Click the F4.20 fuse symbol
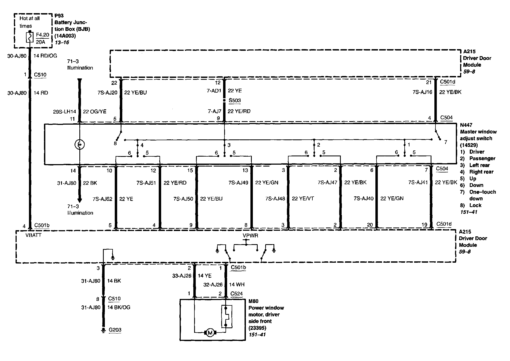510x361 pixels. [29, 37]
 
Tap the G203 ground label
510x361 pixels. [115, 330]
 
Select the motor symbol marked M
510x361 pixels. [210, 333]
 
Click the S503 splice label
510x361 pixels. [235, 100]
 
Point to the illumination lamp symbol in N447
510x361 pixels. [79, 145]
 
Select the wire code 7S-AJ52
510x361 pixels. [102, 199]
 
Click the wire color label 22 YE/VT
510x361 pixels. [303, 199]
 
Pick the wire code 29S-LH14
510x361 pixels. [65, 111]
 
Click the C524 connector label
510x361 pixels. [236, 294]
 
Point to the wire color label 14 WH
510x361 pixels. [237, 285]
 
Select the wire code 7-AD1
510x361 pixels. [214, 91]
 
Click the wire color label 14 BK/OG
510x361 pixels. [119, 308]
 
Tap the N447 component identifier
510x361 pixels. [466, 125]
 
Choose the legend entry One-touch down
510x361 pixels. [482, 195]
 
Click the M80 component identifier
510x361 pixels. [253, 301]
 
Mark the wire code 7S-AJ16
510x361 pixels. [422, 92]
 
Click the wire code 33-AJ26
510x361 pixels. [182, 276]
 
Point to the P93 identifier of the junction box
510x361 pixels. [59, 16]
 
